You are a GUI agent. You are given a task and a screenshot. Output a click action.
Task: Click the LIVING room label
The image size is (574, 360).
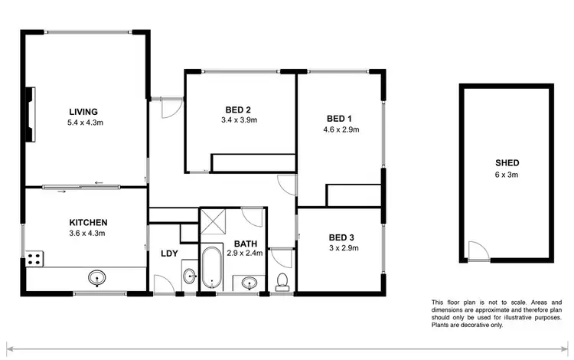tap(83, 111)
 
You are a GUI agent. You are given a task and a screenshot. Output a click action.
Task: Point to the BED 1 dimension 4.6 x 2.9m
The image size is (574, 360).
tap(341, 129)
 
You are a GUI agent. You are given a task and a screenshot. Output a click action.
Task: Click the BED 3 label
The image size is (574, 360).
tap(341, 237)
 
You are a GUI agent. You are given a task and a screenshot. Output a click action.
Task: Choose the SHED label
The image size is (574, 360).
tap(507, 163)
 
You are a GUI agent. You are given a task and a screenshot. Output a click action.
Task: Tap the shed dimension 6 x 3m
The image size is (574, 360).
tap(507, 175)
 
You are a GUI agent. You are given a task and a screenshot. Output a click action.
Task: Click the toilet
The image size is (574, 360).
tap(282, 281)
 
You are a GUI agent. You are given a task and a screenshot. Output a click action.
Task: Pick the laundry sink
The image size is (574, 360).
tap(189, 276)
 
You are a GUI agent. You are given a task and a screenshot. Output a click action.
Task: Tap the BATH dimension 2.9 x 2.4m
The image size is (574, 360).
tap(244, 252)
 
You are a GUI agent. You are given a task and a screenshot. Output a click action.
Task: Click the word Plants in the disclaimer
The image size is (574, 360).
tap(442, 326)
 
